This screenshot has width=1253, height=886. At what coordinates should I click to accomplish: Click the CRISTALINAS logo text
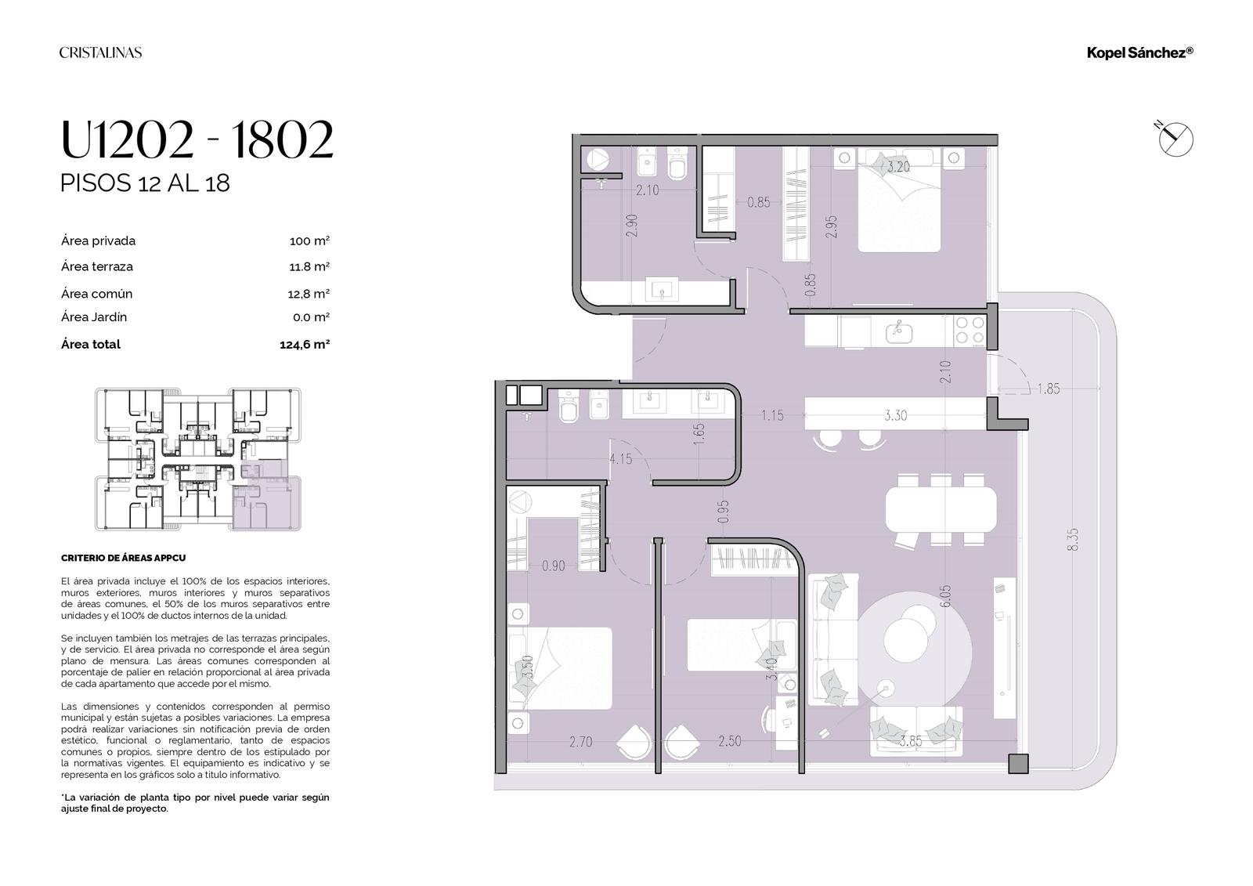click(x=101, y=52)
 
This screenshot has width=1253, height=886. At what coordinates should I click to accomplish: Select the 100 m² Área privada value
click(x=309, y=240)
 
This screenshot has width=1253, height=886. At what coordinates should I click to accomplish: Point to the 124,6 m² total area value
click(x=305, y=344)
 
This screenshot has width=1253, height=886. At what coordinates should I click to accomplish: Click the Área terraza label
click(x=97, y=266)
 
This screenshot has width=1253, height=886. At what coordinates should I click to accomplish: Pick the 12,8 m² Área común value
click(x=309, y=293)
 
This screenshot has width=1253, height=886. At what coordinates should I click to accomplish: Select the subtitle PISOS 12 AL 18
click(x=145, y=183)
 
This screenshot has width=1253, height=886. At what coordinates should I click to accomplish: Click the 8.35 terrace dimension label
click(x=1072, y=539)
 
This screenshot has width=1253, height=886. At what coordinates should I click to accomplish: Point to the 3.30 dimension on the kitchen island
click(x=896, y=415)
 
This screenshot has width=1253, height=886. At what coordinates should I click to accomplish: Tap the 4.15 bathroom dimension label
click(x=620, y=459)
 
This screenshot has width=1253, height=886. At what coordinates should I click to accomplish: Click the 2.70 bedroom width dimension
click(x=580, y=742)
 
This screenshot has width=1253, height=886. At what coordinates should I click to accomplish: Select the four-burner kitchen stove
click(x=970, y=331)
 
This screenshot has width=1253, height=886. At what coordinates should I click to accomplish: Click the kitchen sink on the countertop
click(x=899, y=332)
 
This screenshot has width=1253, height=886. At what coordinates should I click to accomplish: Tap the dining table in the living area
click(x=941, y=510)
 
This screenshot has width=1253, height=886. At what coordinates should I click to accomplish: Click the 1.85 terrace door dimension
click(x=1049, y=389)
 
